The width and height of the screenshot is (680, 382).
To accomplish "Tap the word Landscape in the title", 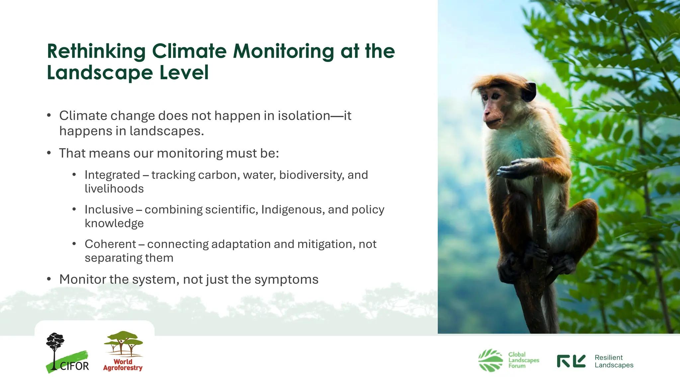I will (x=100, y=73).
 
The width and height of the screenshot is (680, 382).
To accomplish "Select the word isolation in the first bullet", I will (x=304, y=116).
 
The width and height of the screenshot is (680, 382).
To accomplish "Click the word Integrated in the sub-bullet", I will (x=112, y=175).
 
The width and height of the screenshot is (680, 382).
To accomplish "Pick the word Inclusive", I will (x=109, y=210).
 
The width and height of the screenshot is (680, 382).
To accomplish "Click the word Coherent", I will (x=110, y=244).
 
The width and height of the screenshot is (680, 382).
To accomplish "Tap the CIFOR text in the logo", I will (x=74, y=366).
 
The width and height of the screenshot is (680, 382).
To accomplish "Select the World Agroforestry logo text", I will (x=123, y=365).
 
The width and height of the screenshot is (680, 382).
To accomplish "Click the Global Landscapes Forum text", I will (x=523, y=360).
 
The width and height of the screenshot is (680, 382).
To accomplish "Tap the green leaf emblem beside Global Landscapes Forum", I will (x=491, y=360).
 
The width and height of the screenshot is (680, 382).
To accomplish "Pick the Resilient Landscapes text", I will (x=614, y=361).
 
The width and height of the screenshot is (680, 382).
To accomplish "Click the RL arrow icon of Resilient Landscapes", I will (x=571, y=361).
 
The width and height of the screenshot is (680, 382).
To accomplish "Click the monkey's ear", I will (x=529, y=92).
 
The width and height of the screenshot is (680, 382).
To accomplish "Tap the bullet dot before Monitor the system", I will (x=49, y=279).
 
